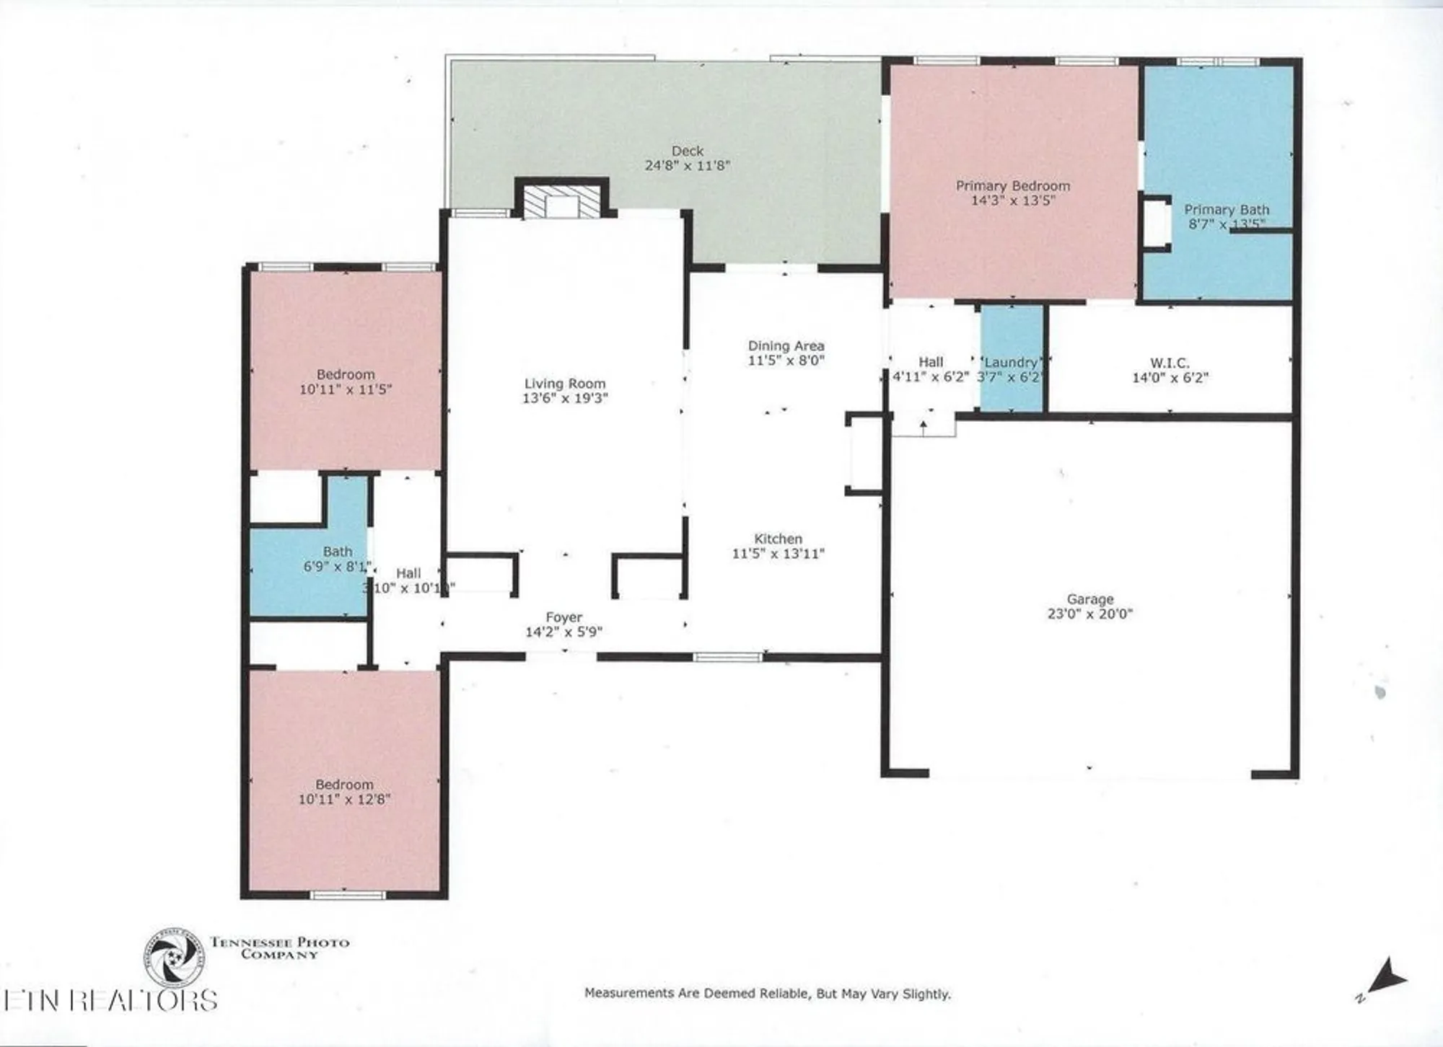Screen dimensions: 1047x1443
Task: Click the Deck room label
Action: point(687,151)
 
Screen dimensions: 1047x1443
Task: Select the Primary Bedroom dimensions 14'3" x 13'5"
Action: point(1012,200)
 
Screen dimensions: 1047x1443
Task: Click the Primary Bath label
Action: point(1226,209)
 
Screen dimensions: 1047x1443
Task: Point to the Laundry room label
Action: point(1011,362)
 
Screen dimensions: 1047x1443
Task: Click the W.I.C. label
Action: point(1170,363)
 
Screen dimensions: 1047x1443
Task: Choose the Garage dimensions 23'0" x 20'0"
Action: point(1089,614)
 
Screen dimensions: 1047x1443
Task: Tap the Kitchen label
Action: point(778,539)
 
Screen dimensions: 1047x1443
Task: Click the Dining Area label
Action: point(786,345)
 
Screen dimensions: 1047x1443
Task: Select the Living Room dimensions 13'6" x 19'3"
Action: point(565,398)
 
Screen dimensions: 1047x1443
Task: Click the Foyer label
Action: point(563,617)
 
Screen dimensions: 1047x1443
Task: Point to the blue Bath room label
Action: point(337,552)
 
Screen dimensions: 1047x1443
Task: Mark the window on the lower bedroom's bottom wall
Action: point(348,895)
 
